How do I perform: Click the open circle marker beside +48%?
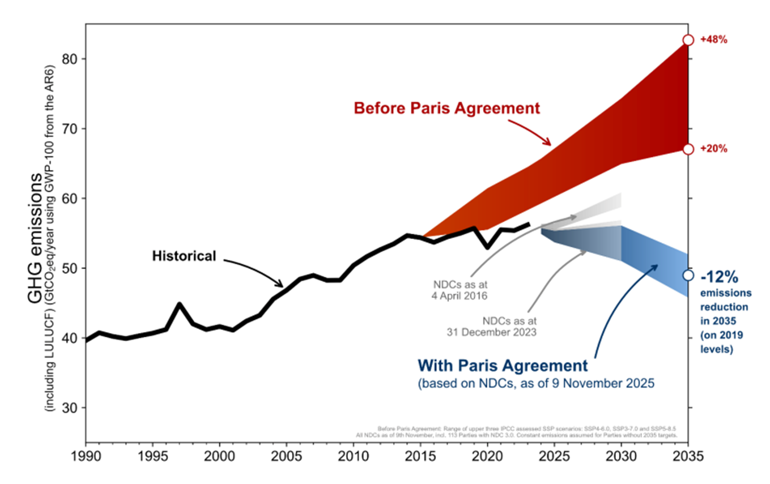[688, 40]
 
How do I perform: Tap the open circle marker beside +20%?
[688, 149]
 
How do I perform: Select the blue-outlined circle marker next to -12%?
[688, 275]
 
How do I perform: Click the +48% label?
[713, 40]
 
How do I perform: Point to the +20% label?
[713, 149]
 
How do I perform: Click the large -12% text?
[719, 277]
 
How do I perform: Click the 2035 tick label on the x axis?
[688, 456]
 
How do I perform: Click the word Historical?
[184, 256]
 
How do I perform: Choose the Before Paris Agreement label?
[447, 108]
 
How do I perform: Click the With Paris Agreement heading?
[502, 365]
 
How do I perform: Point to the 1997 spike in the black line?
[179, 304]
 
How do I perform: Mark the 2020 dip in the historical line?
[487, 247]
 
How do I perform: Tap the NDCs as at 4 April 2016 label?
[460, 290]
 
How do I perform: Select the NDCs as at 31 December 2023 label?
[491, 326]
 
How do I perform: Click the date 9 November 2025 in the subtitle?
[608, 383]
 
